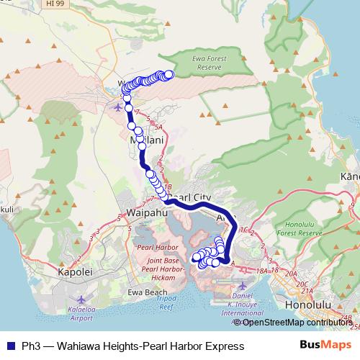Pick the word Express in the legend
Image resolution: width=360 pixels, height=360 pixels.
coord(224,346)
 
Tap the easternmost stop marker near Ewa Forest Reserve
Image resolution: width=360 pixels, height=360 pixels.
coord(170,73)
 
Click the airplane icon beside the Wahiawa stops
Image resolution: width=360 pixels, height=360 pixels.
coord(120,108)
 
